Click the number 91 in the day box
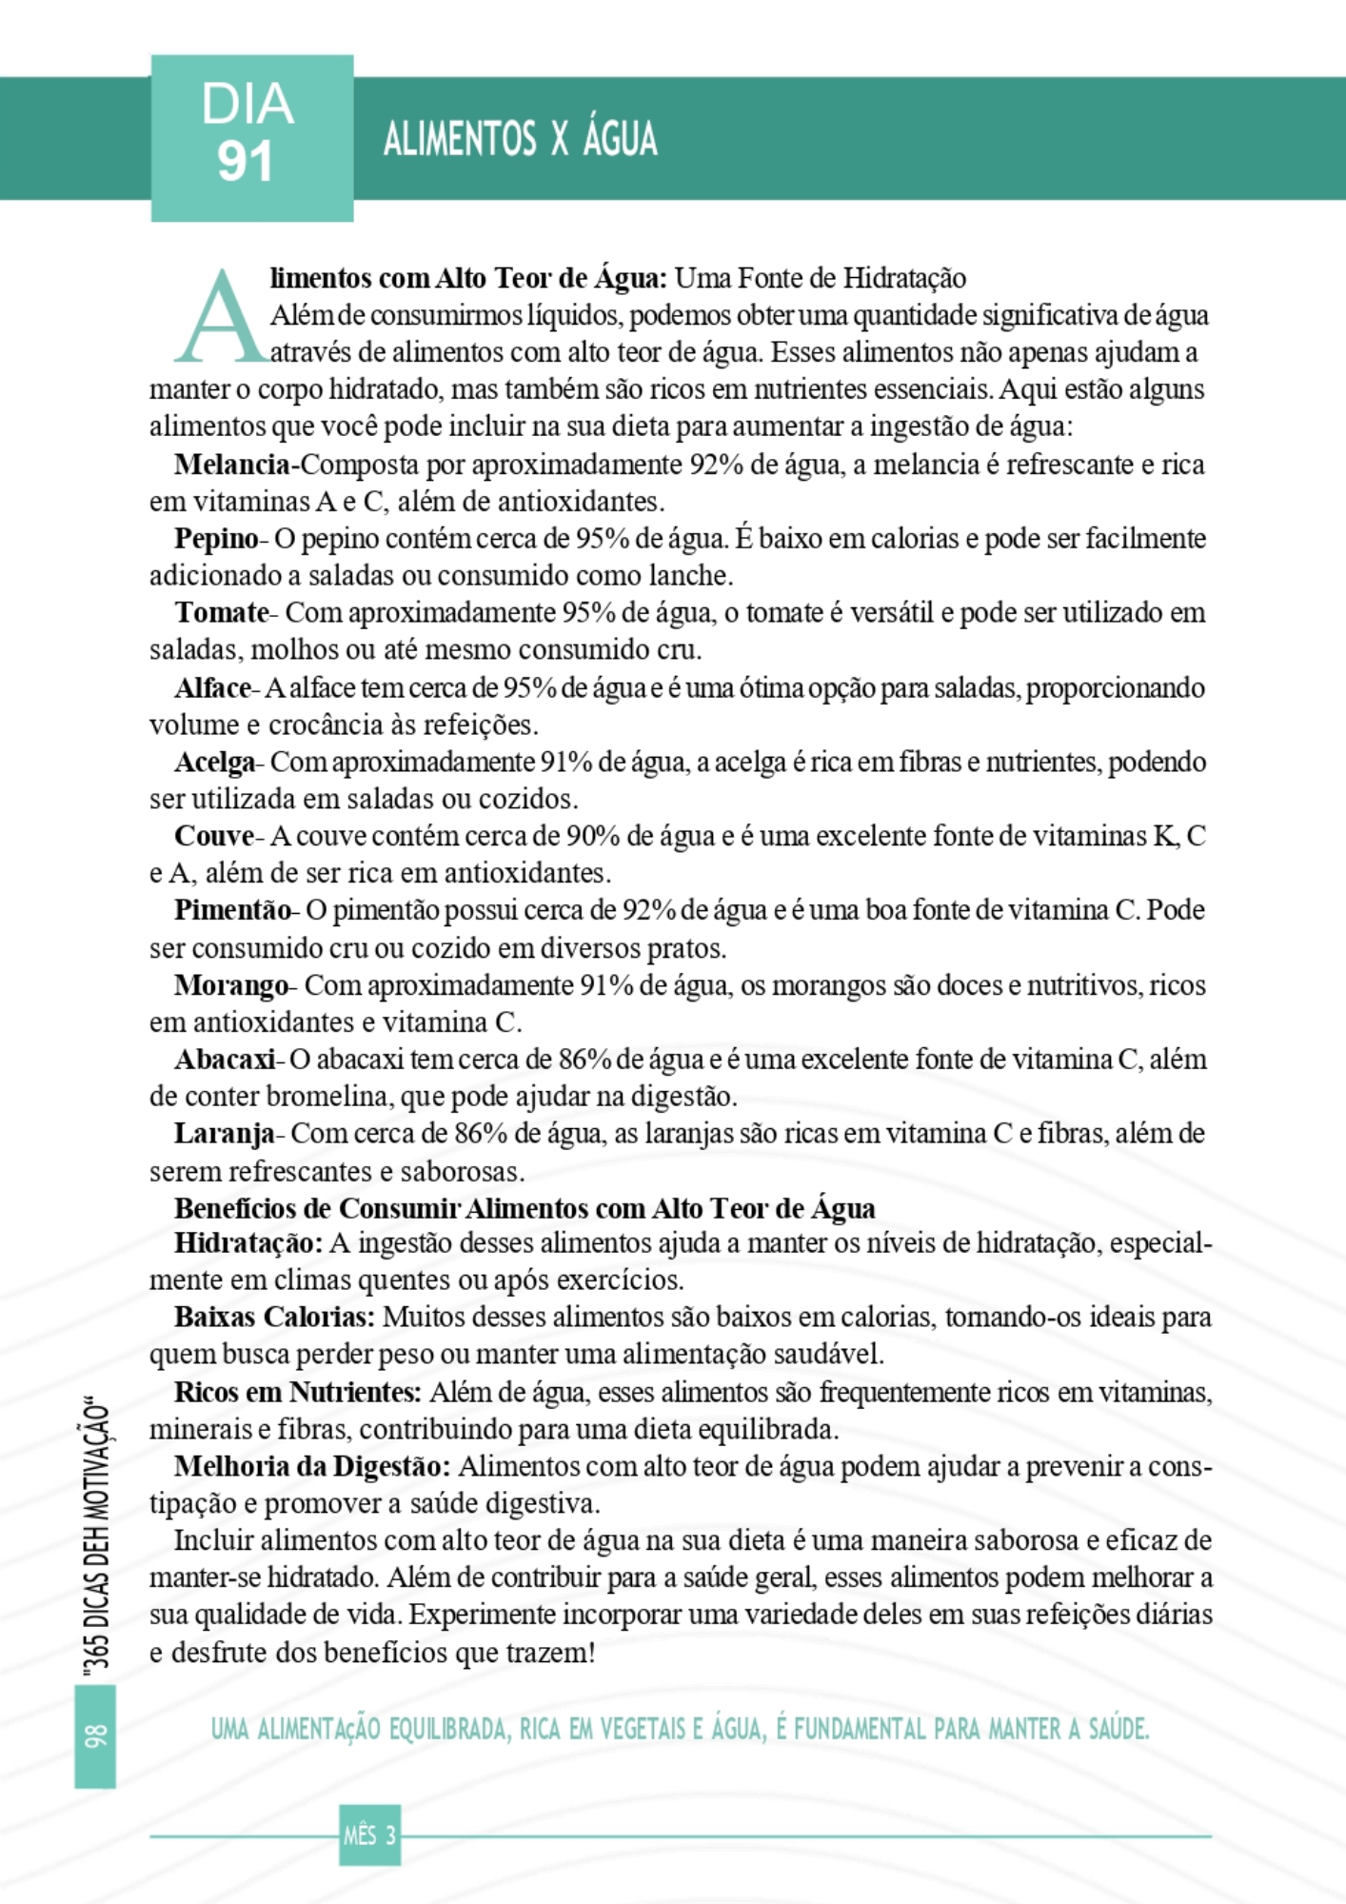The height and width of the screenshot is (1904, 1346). click(246, 163)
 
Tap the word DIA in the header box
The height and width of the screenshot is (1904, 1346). click(247, 105)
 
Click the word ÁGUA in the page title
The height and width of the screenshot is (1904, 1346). click(620, 140)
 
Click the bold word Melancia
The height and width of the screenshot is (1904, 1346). click(231, 465)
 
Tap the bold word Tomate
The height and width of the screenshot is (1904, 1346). click(222, 613)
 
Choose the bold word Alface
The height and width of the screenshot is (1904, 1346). click(212, 688)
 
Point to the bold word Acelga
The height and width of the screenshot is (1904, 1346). click(214, 763)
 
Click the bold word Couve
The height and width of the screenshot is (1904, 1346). click(213, 837)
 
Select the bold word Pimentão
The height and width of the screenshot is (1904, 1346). click(232, 911)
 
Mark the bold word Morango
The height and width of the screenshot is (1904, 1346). click(230, 985)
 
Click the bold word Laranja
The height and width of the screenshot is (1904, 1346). click(224, 1134)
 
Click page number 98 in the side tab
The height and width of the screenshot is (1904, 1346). click(95, 1735)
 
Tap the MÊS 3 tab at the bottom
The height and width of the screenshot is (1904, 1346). click(369, 1835)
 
